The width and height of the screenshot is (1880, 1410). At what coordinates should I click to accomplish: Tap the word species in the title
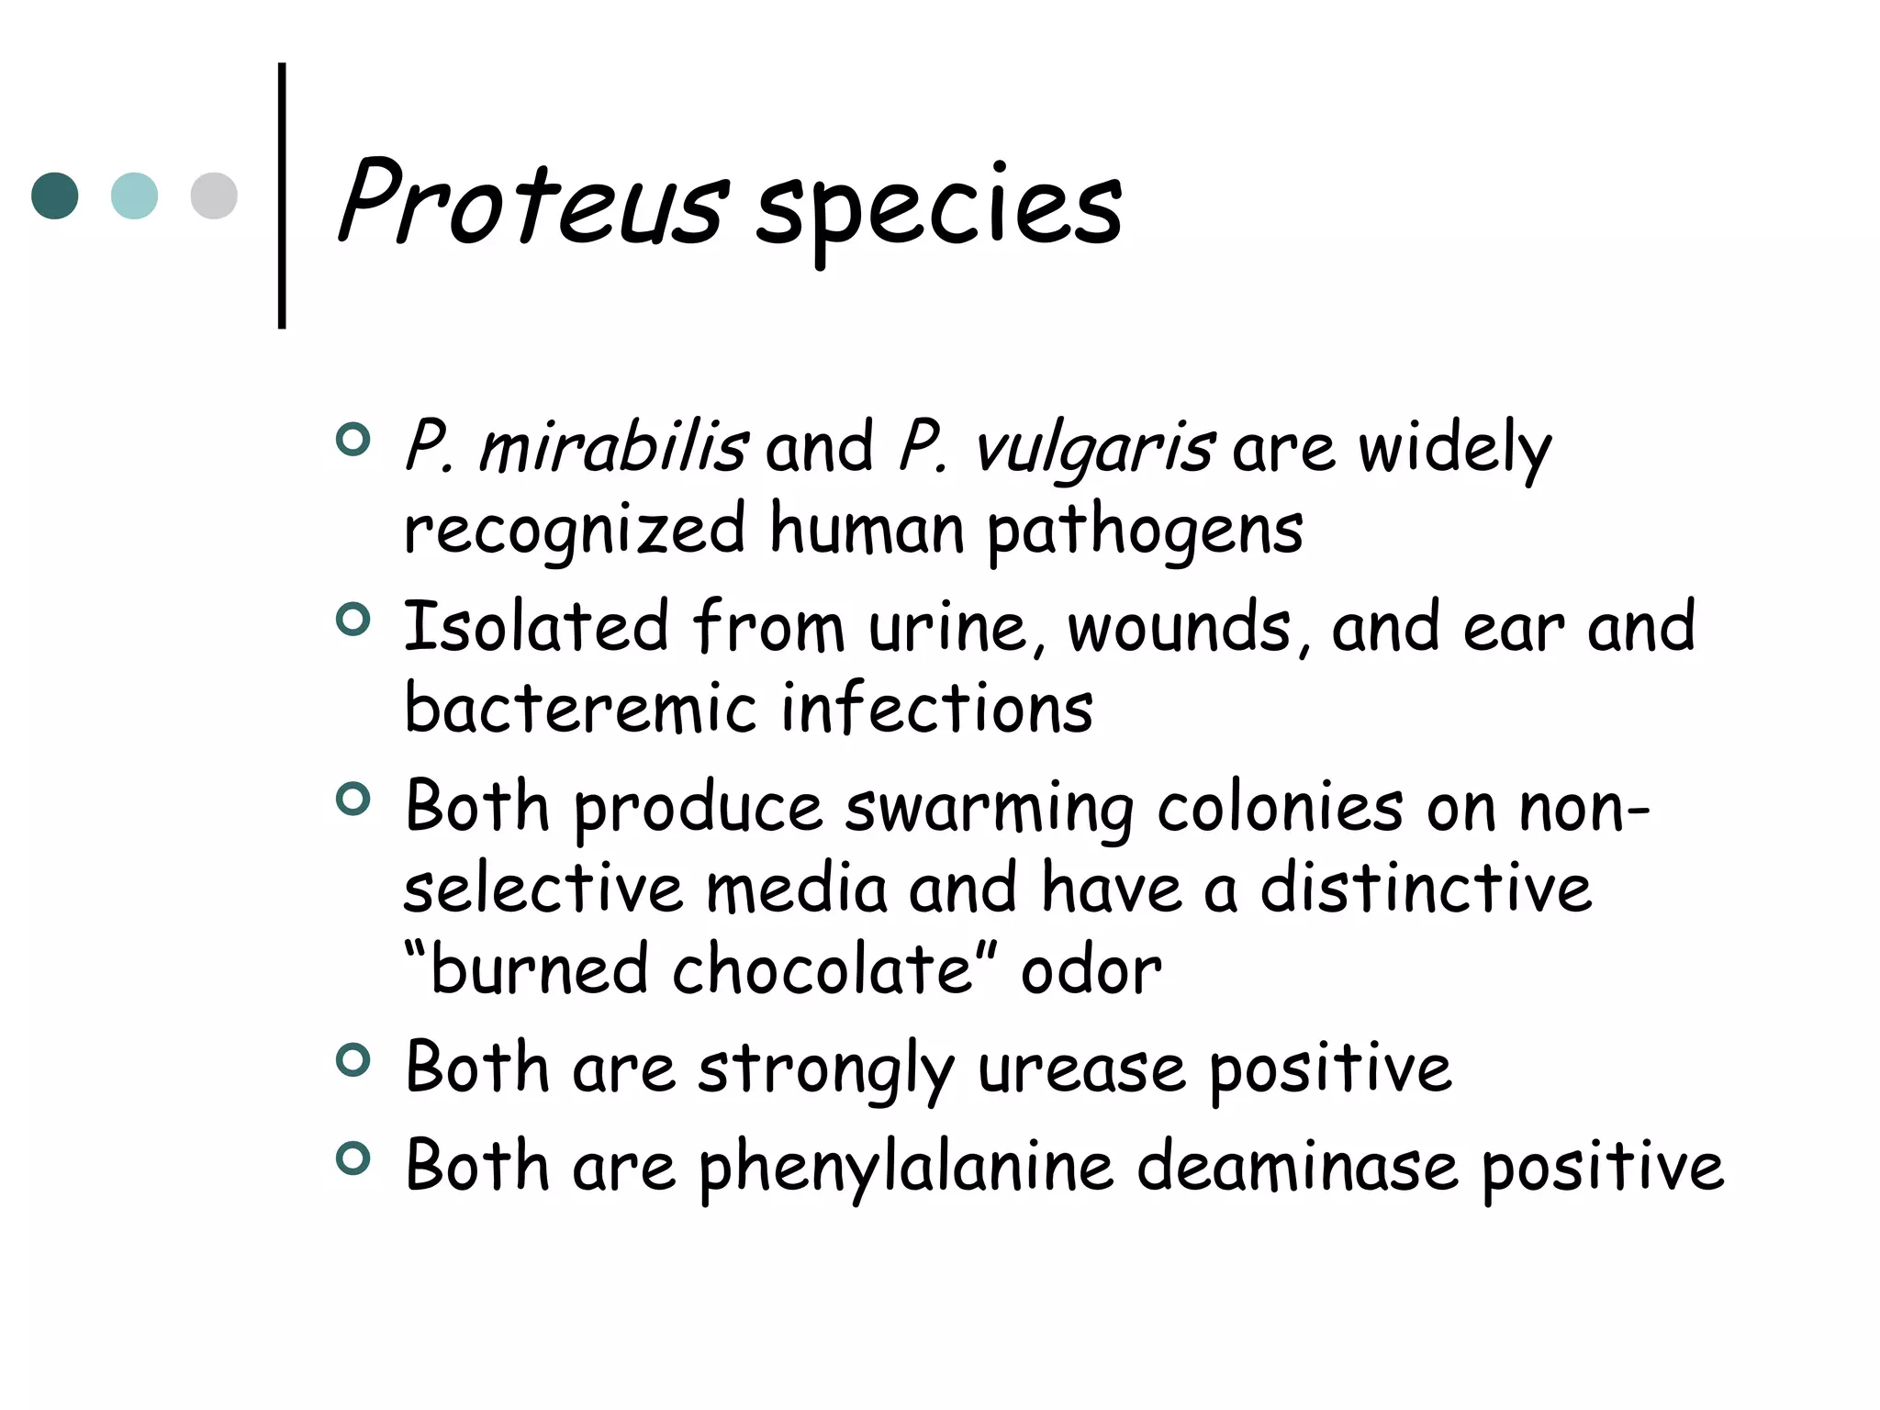[938, 209]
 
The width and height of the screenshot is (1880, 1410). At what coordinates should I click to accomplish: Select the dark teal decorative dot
[55, 196]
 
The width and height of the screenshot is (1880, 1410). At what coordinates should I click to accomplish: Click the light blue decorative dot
[134, 196]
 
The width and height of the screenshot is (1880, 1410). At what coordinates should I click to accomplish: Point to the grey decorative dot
[214, 196]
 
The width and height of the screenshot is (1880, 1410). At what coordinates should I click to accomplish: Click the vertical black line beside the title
[282, 196]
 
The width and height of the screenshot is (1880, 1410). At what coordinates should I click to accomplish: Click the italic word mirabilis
[612, 447]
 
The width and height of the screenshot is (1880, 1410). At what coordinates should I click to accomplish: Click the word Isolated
[536, 626]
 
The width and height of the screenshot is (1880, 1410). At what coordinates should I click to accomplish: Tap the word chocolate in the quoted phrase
[822, 970]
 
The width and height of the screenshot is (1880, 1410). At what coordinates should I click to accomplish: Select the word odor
[1091, 970]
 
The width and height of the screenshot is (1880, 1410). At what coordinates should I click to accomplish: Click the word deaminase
[1297, 1166]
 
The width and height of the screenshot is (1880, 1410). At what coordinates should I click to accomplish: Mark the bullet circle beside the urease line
[352, 1060]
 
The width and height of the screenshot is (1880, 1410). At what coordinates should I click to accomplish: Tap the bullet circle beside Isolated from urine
[352, 620]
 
